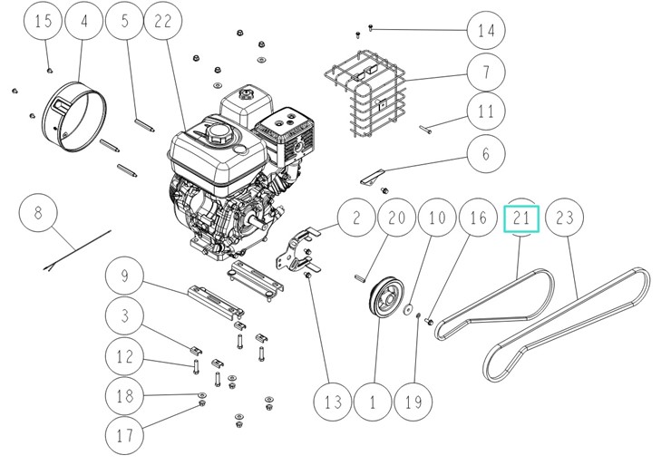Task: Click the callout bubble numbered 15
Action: [44, 23]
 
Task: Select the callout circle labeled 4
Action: [85, 23]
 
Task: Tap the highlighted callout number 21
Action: [521, 218]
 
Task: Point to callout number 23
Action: [565, 218]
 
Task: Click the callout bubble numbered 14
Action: [486, 30]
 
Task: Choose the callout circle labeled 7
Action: [486, 72]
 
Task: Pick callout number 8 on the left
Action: [38, 215]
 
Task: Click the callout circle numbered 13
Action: [332, 401]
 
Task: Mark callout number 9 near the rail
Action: [125, 274]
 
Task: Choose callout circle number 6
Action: [486, 155]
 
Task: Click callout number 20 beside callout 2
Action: [396, 218]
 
